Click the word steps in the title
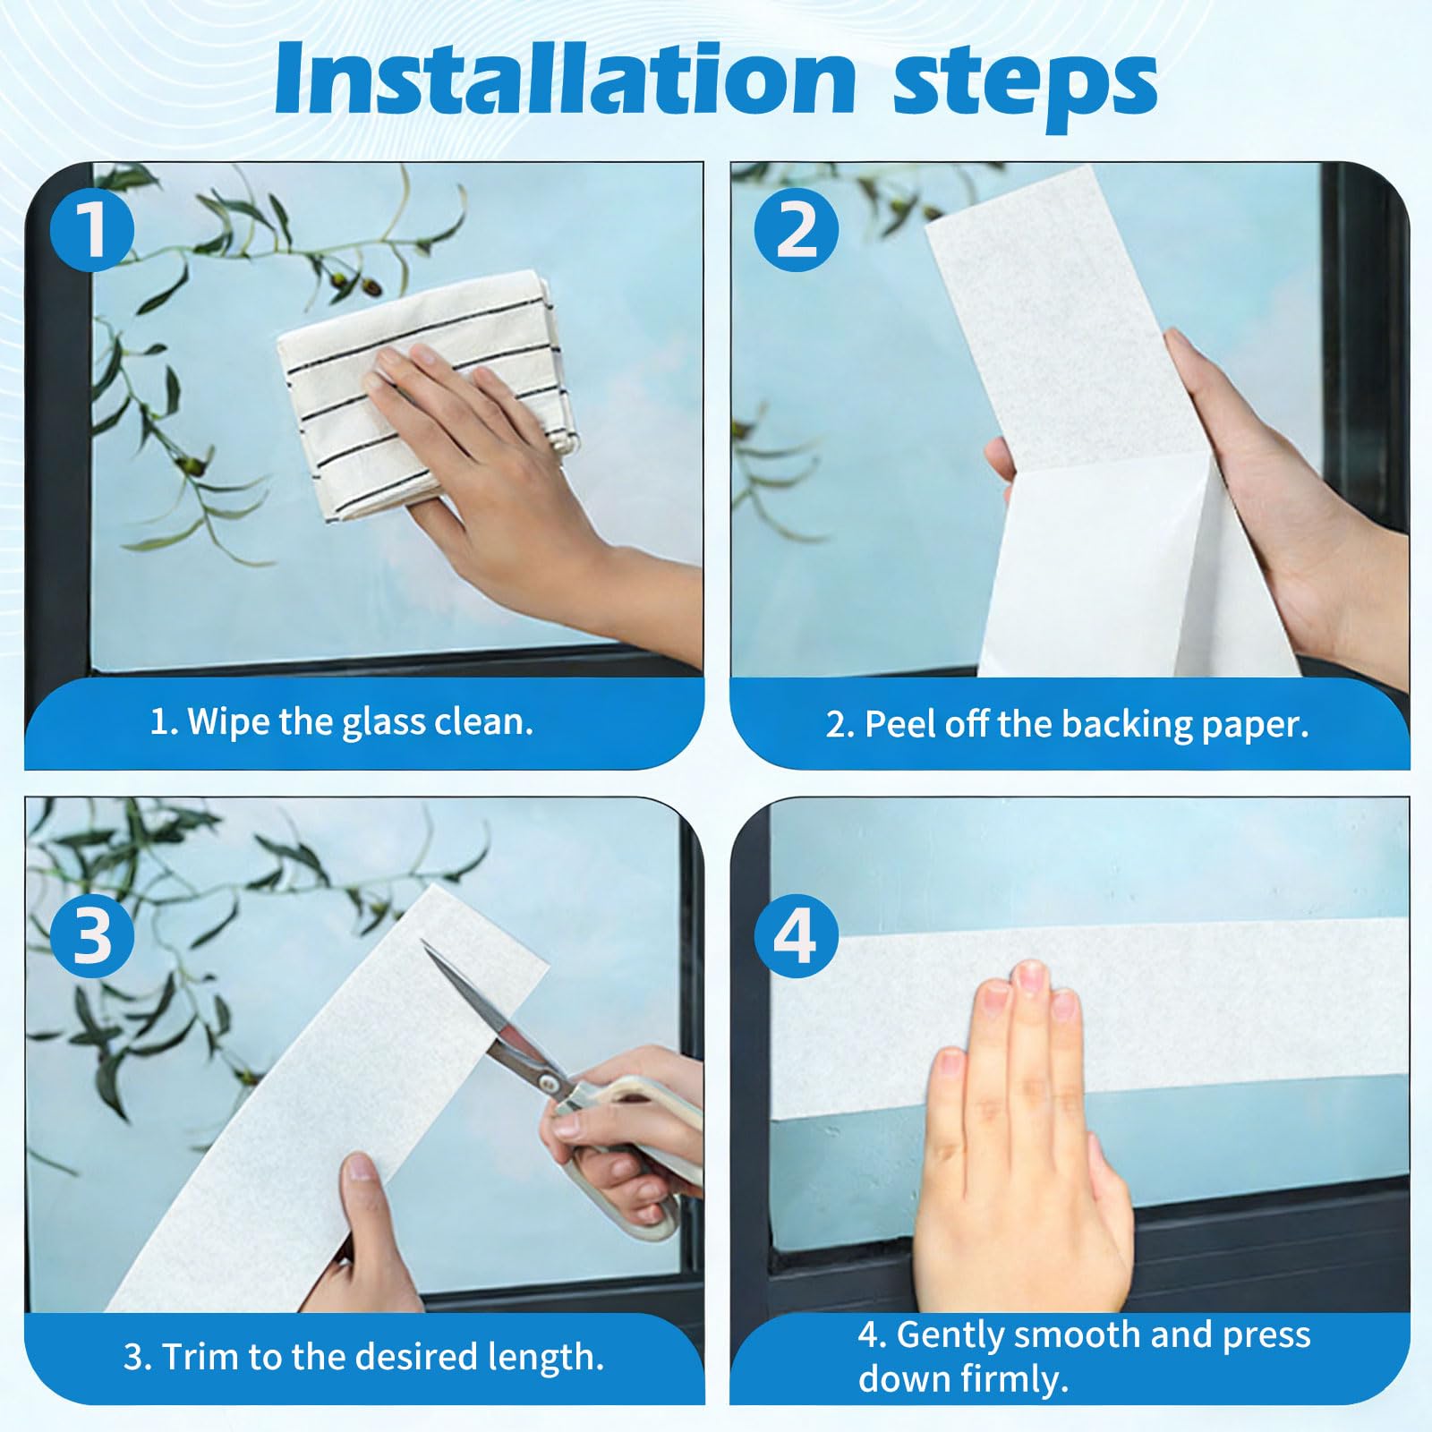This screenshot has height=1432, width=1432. click(1026, 85)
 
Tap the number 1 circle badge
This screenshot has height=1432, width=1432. click(91, 230)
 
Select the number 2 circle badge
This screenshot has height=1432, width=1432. click(796, 230)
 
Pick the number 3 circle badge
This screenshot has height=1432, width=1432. click(91, 936)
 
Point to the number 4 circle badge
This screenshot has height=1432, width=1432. click(796, 936)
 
